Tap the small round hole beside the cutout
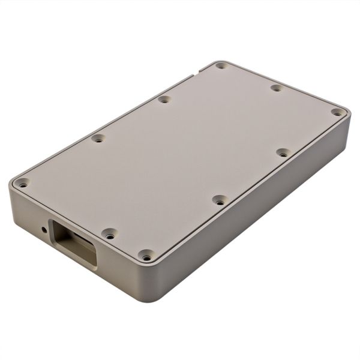[44, 229]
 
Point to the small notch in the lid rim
[194, 75]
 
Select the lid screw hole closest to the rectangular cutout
[109, 233]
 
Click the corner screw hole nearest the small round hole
[22, 183]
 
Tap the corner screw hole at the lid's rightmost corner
[337, 112]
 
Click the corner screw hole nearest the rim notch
[221, 65]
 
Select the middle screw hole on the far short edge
[277, 88]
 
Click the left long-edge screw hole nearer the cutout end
[98, 138]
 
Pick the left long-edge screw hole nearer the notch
[164, 99]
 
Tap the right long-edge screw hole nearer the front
[220, 201]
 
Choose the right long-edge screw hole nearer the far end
[283, 153]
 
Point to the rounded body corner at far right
[347, 129]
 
